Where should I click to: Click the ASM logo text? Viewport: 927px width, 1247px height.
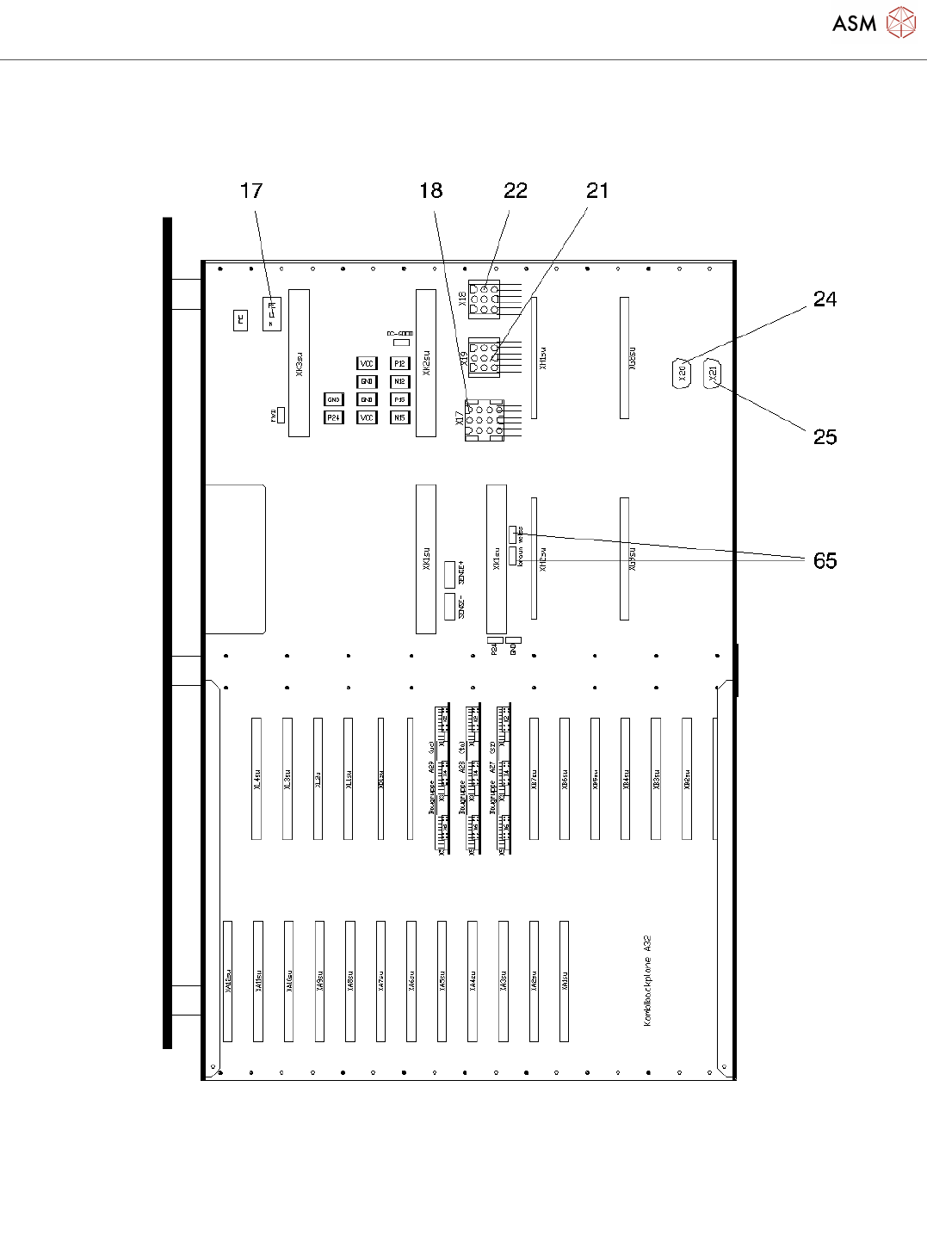point(854,24)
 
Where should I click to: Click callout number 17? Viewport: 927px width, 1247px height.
point(251,191)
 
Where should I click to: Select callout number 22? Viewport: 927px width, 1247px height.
point(516,191)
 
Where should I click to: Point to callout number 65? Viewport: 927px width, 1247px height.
point(825,561)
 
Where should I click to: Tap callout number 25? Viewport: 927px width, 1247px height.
point(825,437)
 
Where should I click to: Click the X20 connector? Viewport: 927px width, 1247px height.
point(681,374)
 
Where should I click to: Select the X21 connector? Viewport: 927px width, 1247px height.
point(713,374)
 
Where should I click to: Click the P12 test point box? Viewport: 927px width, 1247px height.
point(399,364)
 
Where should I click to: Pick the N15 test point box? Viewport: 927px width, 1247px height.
point(399,417)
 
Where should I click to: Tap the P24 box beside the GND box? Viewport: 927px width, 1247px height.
point(333,417)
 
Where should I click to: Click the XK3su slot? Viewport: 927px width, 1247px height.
point(299,363)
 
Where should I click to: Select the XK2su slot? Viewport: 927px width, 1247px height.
point(426,363)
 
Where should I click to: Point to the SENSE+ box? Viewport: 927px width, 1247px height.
point(449,574)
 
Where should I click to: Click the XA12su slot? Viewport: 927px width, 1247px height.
point(228,981)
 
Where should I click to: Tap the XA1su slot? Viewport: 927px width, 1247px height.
point(565,981)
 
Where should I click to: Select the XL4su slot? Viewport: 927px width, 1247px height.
point(256,779)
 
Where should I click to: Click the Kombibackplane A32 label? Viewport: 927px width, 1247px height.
point(647,981)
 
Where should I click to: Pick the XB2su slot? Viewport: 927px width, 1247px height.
point(687,779)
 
